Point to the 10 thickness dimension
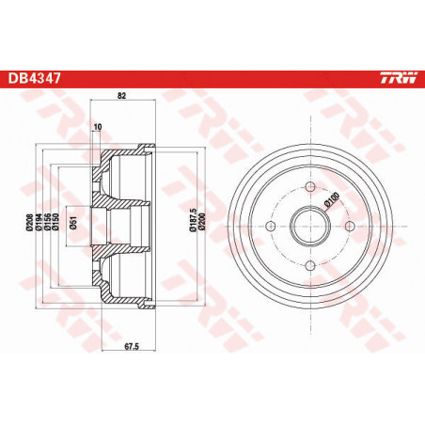tap(97, 125)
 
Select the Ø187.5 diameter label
tap(191, 225)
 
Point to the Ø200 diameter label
tap(200, 225)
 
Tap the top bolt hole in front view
tap(309, 186)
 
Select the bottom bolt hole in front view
tap(309, 266)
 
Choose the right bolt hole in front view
tap(350, 227)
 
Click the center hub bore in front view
tap(309, 227)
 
